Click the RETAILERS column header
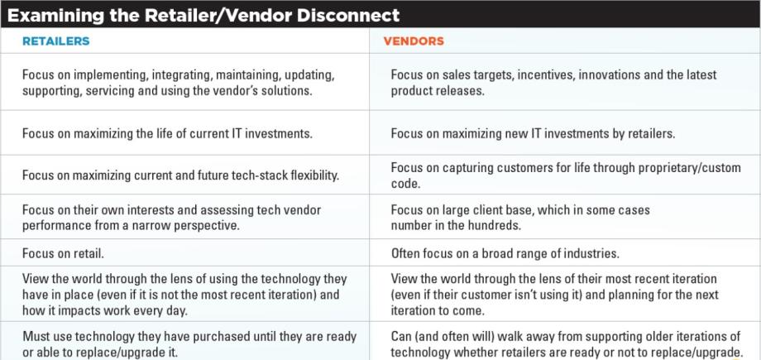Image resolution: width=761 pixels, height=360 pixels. tap(55, 41)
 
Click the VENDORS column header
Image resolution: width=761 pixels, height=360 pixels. tap(414, 41)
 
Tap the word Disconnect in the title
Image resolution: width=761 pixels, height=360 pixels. tap(348, 15)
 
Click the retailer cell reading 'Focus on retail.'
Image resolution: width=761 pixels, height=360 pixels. tap(63, 253)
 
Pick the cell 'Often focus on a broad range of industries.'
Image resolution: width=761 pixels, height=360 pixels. tap(505, 253)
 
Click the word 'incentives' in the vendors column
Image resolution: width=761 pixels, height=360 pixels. tap(548, 75)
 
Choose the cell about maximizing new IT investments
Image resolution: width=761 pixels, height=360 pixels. tap(533, 133)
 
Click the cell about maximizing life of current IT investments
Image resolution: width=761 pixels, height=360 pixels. tap(167, 133)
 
